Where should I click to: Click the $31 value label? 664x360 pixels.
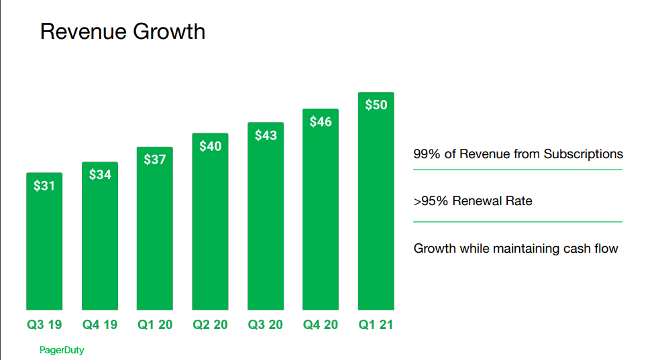(x=44, y=186)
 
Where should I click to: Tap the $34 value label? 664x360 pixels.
(x=100, y=175)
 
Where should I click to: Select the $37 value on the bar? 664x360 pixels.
(x=155, y=160)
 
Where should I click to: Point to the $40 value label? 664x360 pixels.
(x=210, y=146)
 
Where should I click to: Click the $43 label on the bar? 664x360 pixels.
(x=266, y=135)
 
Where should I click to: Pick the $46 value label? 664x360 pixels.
(x=321, y=122)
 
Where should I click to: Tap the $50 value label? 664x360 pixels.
(x=376, y=105)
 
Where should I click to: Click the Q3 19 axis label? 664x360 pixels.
(x=44, y=325)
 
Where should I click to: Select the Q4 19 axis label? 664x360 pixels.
(x=100, y=325)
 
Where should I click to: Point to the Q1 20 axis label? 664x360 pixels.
(x=155, y=325)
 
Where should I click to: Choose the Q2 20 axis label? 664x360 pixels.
(x=210, y=325)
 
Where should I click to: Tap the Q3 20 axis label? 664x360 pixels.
(x=266, y=325)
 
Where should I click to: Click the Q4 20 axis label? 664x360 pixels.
(x=321, y=325)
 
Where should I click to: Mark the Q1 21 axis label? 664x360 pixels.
(x=376, y=325)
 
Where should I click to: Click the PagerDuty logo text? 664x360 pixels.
(x=62, y=350)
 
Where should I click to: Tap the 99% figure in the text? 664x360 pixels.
(x=427, y=154)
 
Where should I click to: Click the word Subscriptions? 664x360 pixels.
(x=583, y=154)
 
